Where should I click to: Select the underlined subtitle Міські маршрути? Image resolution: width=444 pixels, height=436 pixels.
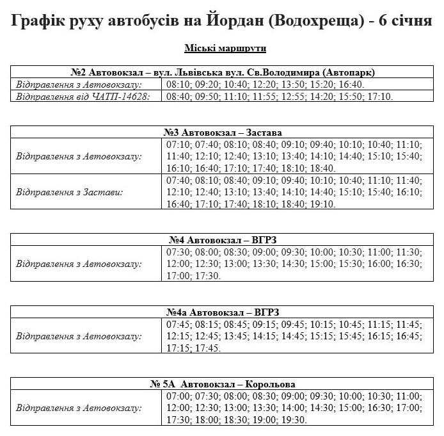pos(225,49)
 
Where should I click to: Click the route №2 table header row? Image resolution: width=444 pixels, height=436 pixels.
pos(222,72)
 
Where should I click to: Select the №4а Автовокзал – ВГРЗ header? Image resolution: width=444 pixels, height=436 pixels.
pos(222,312)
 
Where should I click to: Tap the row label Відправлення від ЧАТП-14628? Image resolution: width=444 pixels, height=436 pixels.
pos(83,97)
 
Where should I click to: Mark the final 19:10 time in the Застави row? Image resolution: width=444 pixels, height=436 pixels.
pos(322,204)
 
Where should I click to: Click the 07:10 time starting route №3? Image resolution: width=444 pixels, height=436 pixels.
pos(178,144)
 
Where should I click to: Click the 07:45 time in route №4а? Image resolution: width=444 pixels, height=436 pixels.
pos(178,324)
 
